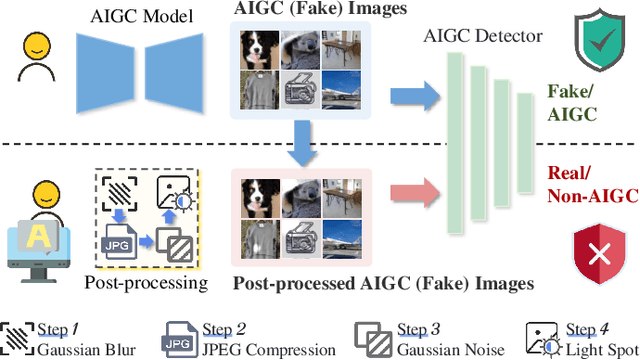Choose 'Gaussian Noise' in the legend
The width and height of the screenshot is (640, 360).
pos(437,349)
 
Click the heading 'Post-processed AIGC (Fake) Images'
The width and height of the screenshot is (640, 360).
pos(383,283)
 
